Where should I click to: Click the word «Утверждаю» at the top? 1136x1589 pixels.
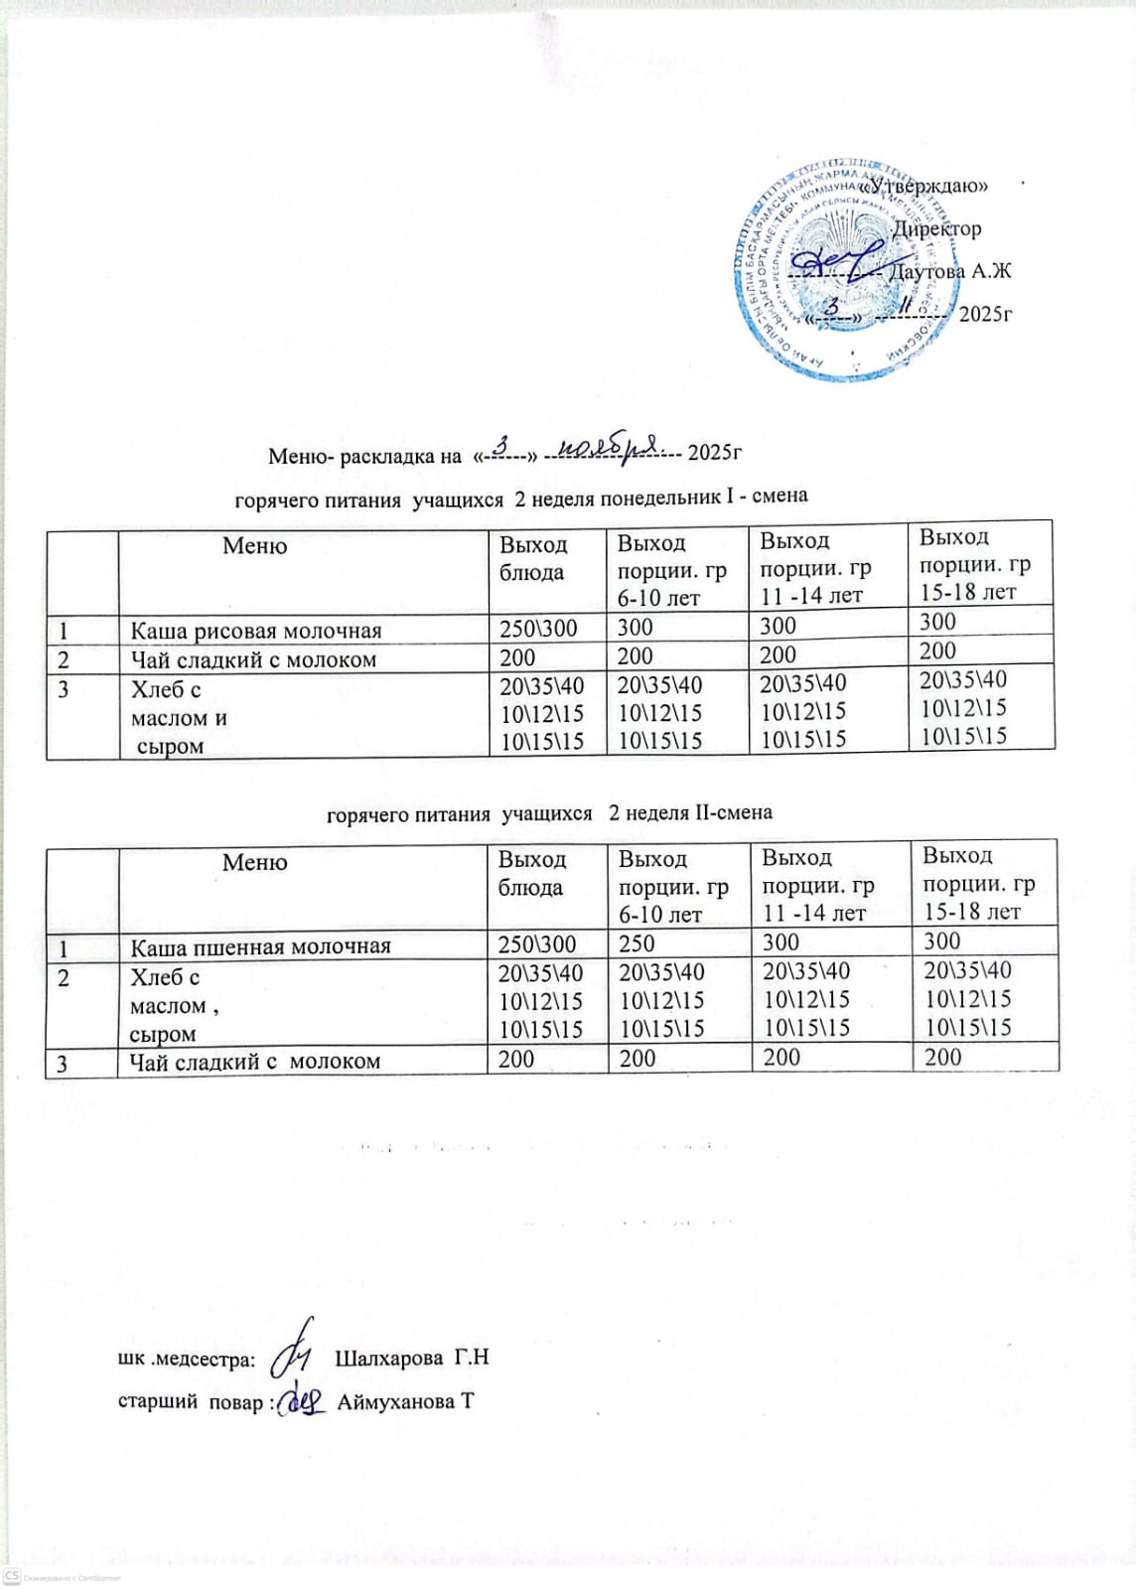tap(923, 186)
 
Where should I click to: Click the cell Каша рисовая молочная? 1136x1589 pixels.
tap(256, 631)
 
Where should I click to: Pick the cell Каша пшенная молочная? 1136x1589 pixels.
tap(260, 946)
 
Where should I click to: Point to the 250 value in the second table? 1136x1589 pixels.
tap(637, 943)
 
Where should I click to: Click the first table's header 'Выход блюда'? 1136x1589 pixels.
tap(533, 558)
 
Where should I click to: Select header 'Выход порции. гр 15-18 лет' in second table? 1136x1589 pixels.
tap(978, 883)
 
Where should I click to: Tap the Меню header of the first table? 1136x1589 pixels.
tap(255, 545)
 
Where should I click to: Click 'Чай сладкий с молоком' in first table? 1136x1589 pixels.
tap(253, 659)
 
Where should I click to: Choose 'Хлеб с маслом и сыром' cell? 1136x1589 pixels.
tap(179, 717)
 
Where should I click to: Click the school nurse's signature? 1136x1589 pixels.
tap(295, 1345)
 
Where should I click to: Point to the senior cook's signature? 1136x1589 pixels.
tap(302, 1399)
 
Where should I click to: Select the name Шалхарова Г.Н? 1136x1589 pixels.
tap(412, 1358)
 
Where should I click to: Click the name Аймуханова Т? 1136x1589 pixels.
tap(405, 1401)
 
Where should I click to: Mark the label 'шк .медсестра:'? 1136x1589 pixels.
tap(187, 1359)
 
